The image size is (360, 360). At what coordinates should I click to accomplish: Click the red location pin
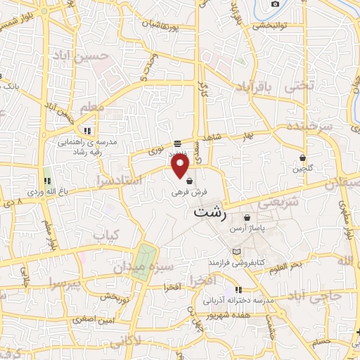(181, 166)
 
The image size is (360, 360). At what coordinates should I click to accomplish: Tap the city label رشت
(209, 212)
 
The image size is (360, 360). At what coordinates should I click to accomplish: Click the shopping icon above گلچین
(302, 157)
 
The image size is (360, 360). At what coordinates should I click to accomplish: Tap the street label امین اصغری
(94, 320)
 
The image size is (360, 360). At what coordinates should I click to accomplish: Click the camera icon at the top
(275, 4)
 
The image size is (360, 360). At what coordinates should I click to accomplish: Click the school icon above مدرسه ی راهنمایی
(87, 130)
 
